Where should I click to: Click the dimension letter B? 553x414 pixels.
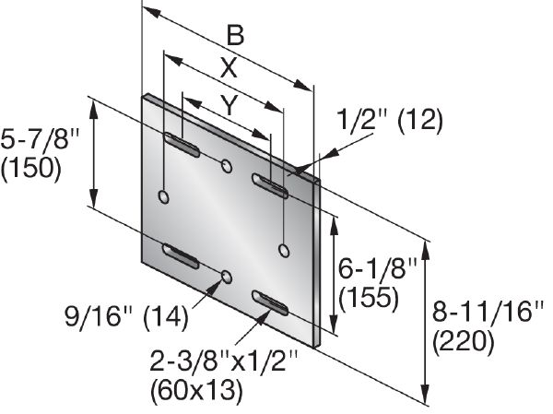[x=235, y=36]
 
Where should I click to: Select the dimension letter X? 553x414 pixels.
[x=229, y=67]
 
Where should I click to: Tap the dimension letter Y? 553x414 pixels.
[x=229, y=105]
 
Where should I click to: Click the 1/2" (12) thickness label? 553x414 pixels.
[x=389, y=121]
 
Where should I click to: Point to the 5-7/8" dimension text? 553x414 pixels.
[x=41, y=139]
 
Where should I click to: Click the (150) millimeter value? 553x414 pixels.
[x=31, y=168]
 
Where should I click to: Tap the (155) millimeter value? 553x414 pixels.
[x=369, y=297]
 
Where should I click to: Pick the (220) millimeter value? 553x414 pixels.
[x=463, y=341]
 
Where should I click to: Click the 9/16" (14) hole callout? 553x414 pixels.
[x=126, y=317]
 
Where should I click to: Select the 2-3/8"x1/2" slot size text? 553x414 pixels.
[x=224, y=361]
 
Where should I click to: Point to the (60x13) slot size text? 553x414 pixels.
[x=197, y=390]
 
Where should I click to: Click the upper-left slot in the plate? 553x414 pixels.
[x=182, y=145]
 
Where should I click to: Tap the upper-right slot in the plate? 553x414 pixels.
[x=270, y=185]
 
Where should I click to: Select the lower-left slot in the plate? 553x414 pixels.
[x=181, y=256]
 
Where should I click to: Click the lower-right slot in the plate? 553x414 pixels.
[x=270, y=303]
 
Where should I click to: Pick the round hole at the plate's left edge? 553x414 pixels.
[x=164, y=196]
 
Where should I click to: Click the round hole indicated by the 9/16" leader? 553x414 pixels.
[x=227, y=277]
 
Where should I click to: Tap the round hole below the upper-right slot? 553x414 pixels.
[x=284, y=250]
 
